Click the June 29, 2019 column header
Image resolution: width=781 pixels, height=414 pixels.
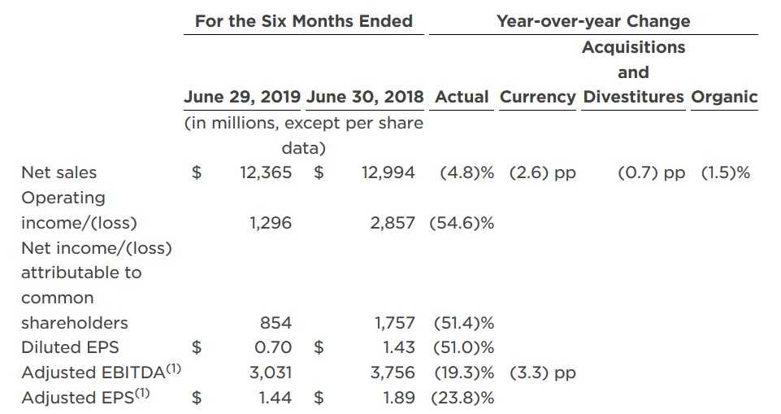click(243, 98)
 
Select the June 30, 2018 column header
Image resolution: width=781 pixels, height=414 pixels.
click(365, 98)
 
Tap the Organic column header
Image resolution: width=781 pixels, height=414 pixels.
click(724, 98)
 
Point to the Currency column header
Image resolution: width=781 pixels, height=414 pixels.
click(537, 98)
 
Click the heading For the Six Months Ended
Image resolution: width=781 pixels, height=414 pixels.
click(303, 21)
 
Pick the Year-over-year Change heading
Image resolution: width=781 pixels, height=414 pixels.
click(593, 21)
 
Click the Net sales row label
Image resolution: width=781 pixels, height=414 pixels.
click(59, 172)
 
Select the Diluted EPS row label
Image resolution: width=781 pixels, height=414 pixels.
click(70, 347)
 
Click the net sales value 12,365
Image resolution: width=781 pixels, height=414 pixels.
click(265, 172)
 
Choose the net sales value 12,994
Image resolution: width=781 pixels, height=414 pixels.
click(388, 172)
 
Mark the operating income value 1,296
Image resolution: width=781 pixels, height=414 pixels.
click(271, 223)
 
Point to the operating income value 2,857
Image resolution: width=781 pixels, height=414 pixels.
click(393, 223)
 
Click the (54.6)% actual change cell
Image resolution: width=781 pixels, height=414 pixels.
click(462, 223)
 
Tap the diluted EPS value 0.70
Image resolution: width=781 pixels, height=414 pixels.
click(273, 347)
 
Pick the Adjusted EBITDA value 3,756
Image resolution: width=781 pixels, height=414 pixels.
click(393, 373)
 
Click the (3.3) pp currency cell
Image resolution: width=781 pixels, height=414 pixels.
click(542, 373)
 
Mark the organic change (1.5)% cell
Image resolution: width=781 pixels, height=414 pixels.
click(725, 172)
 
